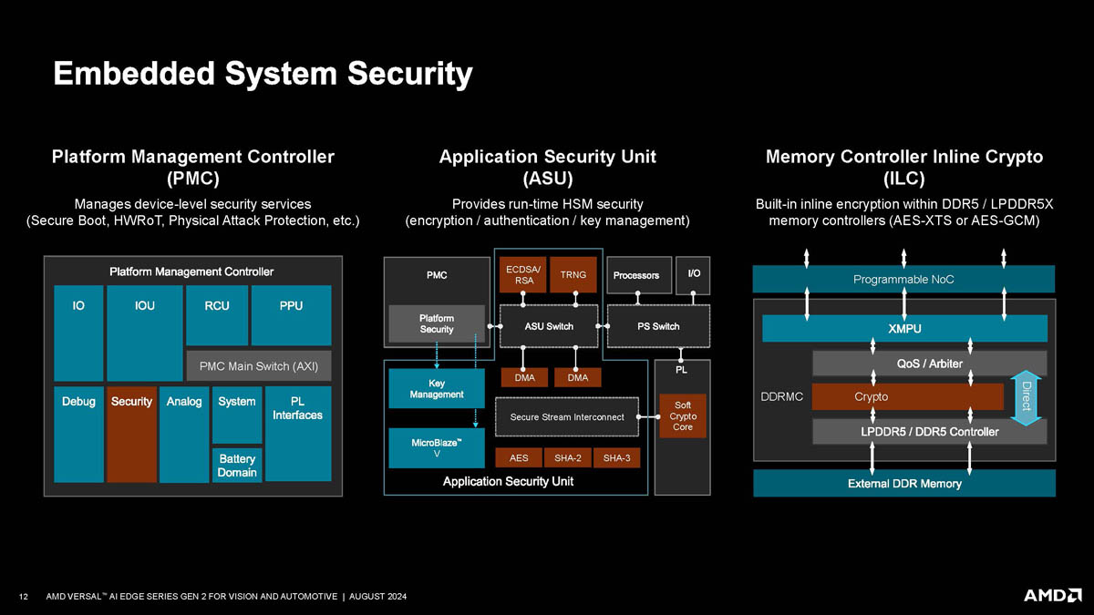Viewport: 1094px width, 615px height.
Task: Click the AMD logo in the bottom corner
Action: (x=1052, y=595)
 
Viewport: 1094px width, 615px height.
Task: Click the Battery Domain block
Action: (x=237, y=465)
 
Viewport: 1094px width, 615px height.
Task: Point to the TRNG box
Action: (x=573, y=274)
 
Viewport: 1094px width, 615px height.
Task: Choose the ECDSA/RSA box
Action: (x=522, y=274)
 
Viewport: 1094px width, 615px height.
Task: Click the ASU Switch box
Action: (x=549, y=326)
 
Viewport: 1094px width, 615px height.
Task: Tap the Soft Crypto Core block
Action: (x=682, y=415)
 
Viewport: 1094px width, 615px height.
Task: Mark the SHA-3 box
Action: (x=616, y=457)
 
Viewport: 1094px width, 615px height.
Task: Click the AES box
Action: (x=519, y=457)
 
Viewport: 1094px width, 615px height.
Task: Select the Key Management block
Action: (x=437, y=388)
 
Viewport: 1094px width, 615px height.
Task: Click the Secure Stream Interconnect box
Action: (x=567, y=417)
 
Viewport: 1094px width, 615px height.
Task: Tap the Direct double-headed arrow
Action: (x=1027, y=396)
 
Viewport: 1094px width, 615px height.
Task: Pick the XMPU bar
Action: (x=904, y=328)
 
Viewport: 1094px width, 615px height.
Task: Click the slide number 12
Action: (x=24, y=597)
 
